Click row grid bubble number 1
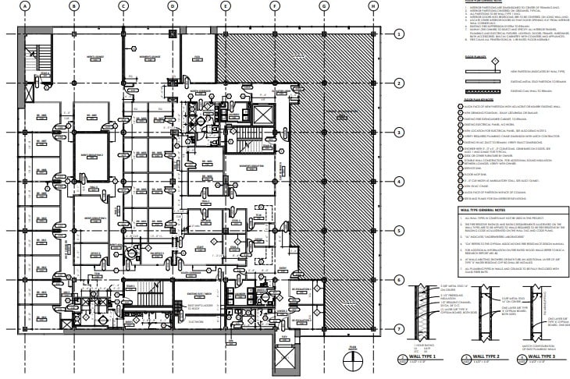(398, 34)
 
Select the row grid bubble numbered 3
(398, 133)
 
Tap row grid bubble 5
(398, 231)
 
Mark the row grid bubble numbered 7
(398, 328)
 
